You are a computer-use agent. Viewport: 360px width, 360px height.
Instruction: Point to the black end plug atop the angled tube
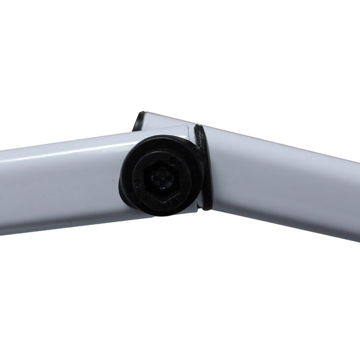[138, 121]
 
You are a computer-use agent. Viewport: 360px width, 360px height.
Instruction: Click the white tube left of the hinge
[61, 182]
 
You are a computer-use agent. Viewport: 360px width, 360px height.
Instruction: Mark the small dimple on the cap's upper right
[174, 160]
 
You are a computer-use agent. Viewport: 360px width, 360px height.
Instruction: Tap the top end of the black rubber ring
[199, 128]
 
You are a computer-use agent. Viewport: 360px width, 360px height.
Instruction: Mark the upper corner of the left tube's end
[186, 128]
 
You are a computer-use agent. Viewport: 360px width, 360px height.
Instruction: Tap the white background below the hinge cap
[162, 284]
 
